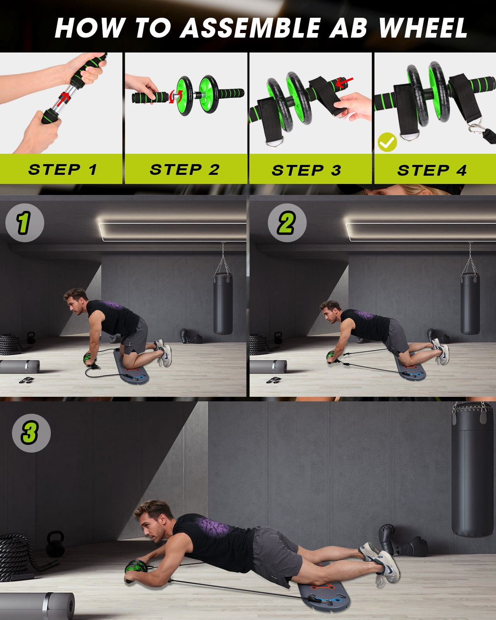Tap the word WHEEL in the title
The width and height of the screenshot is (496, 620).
(x=423, y=28)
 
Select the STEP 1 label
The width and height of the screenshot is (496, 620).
(x=62, y=169)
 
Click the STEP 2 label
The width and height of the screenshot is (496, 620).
(x=185, y=169)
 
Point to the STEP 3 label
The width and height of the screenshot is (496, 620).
(x=307, y=170)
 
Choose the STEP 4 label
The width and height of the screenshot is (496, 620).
(x=432, y=170)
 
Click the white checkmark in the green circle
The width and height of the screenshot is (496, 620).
(x=387, y=142)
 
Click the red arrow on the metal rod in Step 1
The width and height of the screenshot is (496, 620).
(x=63, y=98)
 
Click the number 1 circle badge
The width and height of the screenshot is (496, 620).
(x=24, y=222)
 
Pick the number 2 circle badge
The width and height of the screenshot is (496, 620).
(x=287, y=222)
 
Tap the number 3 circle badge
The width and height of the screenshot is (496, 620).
(x=31, y=433)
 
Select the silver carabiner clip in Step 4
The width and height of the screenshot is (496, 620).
(x=477, y=129)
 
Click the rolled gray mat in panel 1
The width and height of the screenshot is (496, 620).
(x=19, y=367)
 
